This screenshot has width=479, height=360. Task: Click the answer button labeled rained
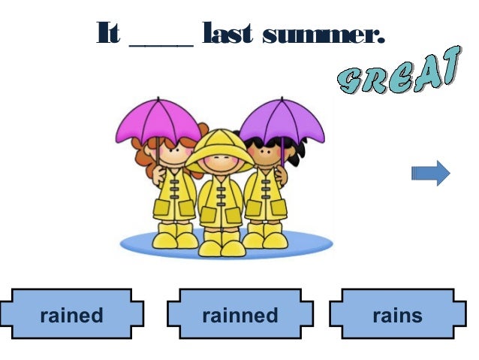click(71, 314)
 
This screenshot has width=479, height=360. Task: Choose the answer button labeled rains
click(397, 314)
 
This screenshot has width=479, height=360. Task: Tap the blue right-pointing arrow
click(431, 174)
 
